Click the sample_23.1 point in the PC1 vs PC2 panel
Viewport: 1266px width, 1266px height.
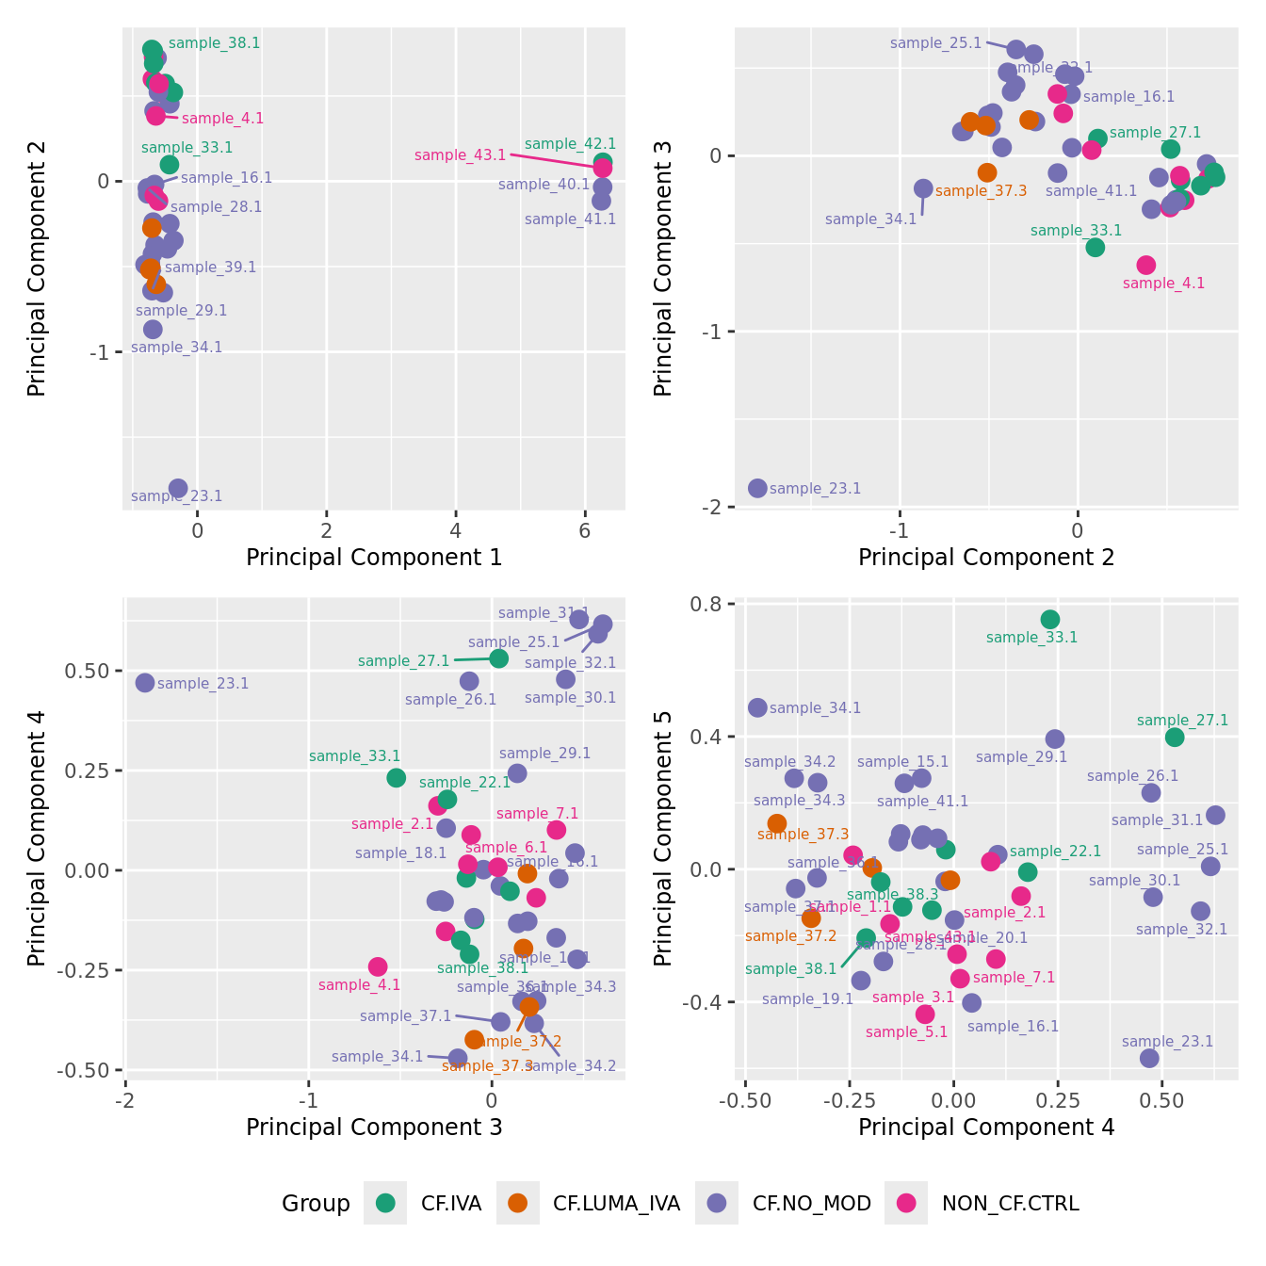pos(178,488)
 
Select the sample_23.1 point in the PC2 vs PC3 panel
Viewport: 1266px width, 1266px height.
pos(757,488)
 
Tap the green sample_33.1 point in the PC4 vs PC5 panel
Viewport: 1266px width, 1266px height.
pos(1050,619)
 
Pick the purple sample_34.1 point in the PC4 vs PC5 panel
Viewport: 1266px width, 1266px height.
pos(757,707)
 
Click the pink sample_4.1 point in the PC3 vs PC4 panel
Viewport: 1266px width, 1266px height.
pos(378,966)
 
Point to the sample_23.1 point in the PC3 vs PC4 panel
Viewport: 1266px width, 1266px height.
pos(145,683)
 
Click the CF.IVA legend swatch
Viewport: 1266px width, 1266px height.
pos(385,1203)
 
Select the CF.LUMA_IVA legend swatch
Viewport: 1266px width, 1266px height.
pos(517,1203)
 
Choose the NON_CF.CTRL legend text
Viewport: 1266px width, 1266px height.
pos(1010,1204)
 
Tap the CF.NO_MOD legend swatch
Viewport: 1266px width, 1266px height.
pos(717,1203)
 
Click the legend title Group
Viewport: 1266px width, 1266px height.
pos(316,1204)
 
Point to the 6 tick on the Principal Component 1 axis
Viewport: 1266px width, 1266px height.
pos(585,531)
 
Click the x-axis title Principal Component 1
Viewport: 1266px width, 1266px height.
pos(374,558)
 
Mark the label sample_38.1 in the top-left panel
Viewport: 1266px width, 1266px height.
pos(214,43)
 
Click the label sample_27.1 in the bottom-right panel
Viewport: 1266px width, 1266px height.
pos(1182,721)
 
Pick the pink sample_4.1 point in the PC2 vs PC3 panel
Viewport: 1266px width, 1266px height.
pos(1145,265)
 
